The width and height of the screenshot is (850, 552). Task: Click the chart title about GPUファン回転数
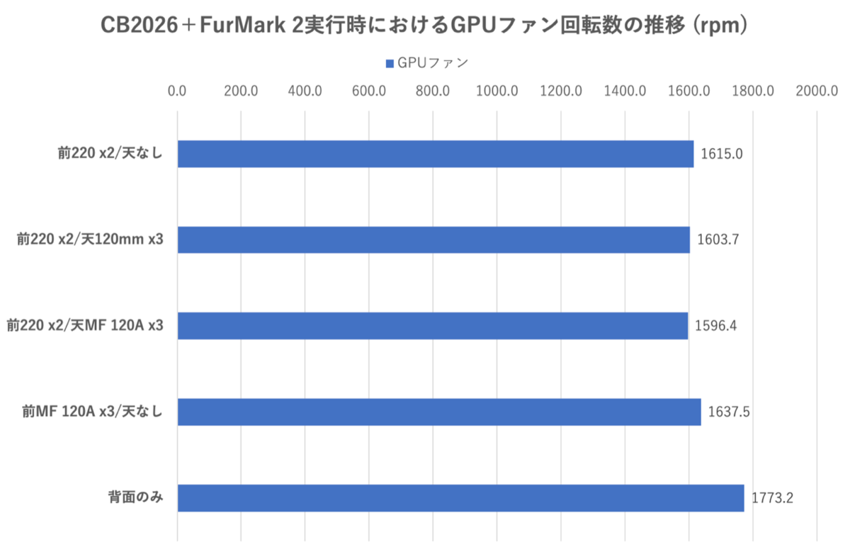coord(424,25)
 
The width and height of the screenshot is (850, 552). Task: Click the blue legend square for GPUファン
coord(390,64)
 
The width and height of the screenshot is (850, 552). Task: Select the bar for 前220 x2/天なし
coord(436,154)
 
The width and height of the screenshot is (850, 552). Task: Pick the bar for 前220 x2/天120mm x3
coord(433,240)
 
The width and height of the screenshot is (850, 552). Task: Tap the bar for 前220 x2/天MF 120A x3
coord(433,326)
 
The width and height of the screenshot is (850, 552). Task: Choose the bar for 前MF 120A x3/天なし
coord(439,412)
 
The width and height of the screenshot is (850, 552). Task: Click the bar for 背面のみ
coord(461,497)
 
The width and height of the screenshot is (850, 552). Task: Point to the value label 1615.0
coord(721,154)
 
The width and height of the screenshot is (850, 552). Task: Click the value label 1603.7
coord(718,240)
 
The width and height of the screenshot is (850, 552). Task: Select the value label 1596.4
coord(715,326)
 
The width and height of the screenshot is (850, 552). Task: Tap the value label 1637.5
coord(729,412)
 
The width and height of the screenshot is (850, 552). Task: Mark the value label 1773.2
coord(772,497)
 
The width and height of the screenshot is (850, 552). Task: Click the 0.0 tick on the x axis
coord(177,91)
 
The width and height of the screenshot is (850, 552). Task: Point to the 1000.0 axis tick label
coord(497,91)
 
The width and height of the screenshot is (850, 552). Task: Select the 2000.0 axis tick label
coord(817,91)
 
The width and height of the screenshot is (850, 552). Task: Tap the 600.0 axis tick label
coord(369,91)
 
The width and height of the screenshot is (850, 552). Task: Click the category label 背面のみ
coord(135,497)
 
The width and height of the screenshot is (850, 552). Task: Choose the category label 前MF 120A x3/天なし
coord(93,411)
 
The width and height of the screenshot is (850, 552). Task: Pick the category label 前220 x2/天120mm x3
coord(90,240)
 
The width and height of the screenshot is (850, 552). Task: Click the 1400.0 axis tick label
coord(625,91)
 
